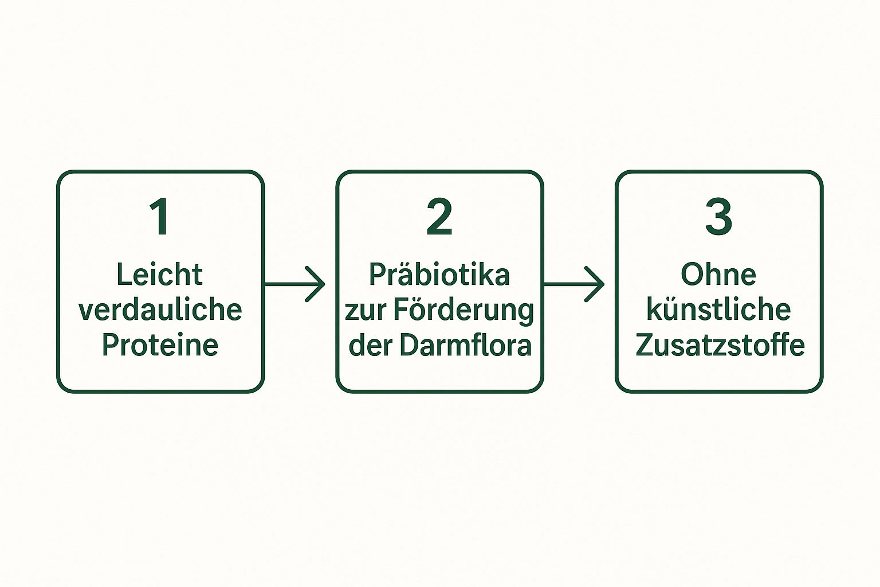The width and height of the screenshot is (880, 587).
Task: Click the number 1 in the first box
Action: [x=159, y=217]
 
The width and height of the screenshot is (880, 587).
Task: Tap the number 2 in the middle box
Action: [x=439, y=217]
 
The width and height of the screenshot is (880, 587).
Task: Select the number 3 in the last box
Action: [x=719, y=217]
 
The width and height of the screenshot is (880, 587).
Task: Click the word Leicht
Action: [x=160, y=275]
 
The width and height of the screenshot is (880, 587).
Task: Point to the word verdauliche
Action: [x=160, y=310]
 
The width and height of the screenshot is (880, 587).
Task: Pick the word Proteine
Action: [x=160, y=345]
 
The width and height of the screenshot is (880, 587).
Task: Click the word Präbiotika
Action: [x=439, y=275]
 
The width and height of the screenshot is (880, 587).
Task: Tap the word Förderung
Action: [x=463, y=310]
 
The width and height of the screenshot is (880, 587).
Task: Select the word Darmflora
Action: [x=465, y=345]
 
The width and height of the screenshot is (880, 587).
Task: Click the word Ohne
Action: [x=718, y=275]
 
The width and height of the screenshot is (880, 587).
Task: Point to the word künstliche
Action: [x=719, y=310]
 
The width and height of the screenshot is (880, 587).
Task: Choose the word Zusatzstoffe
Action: [x=720, y=345]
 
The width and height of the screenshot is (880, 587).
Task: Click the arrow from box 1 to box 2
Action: [x=294, y=284]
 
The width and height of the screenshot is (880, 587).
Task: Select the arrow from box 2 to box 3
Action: [x=573, y=284]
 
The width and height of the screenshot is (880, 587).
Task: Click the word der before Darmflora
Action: [x=370, y=345]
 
